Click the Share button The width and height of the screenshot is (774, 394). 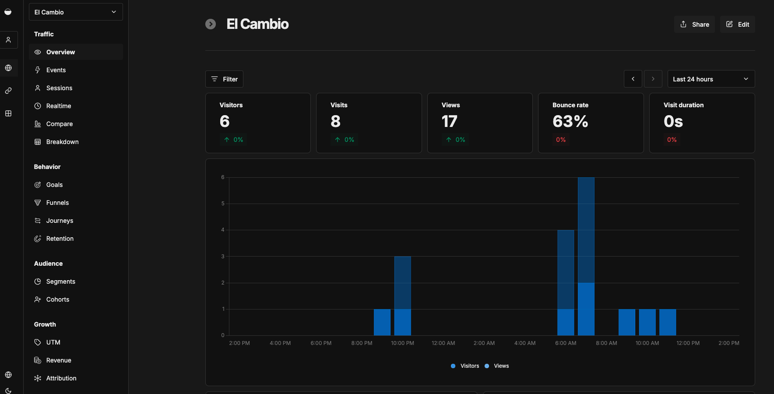pos(694,25)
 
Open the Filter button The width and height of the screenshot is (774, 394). pos(224,79)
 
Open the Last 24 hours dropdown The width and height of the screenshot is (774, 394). pos(711,79)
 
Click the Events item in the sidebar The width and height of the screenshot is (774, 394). pos(56,70)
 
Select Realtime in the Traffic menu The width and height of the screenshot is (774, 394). pos(59,106)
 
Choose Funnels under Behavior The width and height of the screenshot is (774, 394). pos(57,203)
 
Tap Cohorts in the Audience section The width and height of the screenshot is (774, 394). pos(58,299)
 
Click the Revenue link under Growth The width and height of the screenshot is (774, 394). pos(59,360)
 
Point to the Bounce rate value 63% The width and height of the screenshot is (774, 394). pos(570,121)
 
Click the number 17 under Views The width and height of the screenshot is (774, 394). pos(449,121)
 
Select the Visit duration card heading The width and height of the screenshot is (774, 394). pos(683,105)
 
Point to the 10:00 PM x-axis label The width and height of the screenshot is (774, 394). pos(402,343)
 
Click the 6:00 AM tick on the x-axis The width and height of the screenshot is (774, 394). pos(566,343)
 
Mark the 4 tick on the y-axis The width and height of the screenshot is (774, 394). pos(223,230)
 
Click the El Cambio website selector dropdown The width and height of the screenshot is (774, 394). pos(76,12)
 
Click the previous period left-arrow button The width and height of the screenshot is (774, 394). pos(633,79)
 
